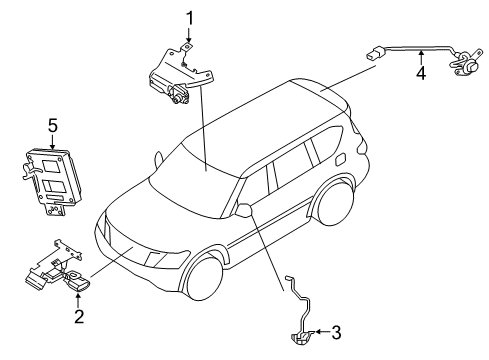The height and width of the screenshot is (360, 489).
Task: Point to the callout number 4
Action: tap(421, 73)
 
